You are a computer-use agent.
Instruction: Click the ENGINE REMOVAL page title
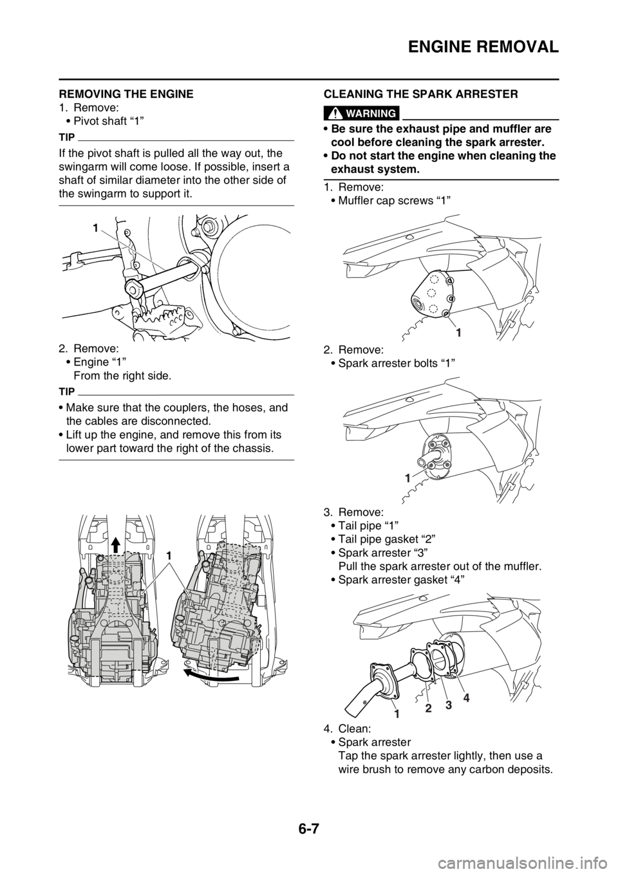[x=483, y=47]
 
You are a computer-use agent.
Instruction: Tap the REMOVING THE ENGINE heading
[x=126, y=94]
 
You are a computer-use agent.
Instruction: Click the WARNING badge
[x=362, y=113]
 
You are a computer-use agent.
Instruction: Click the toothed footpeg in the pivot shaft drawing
[x=161, y=313]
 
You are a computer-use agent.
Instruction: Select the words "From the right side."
[x=122, y=376]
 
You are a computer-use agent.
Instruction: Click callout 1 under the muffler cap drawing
[x=459, y=333]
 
